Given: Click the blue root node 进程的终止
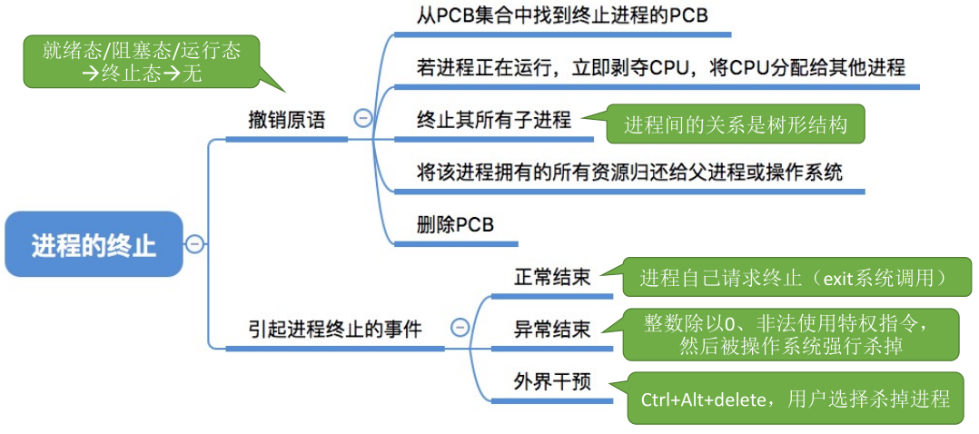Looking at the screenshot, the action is point(94,244).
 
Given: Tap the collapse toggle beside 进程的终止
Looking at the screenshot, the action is point(194,243).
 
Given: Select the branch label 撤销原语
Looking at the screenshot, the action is point(286,120).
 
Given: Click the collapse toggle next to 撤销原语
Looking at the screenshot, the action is point(362,119).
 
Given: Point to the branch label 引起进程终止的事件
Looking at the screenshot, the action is point(334,329).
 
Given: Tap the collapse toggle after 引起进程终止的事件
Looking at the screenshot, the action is point(460,327).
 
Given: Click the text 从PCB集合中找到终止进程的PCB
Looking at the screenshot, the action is point(562,15).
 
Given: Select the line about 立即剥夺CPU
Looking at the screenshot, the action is point(660,67).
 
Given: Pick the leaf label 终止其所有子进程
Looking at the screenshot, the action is point(494,119).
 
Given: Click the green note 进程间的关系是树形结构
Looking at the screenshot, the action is point(736,125).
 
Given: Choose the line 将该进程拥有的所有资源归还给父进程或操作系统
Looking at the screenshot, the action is point(629,172).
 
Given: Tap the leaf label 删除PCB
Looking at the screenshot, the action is point(455,224).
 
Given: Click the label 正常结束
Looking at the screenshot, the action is point(552,277).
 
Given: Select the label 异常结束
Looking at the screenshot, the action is point(552,329).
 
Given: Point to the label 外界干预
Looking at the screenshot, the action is point(552,380).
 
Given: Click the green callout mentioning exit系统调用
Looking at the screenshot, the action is point(792,277).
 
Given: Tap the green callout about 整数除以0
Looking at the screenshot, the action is point(791,335).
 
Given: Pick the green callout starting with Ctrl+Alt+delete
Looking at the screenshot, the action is point(796,398).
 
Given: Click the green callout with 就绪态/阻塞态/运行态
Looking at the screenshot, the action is point(141,62).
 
